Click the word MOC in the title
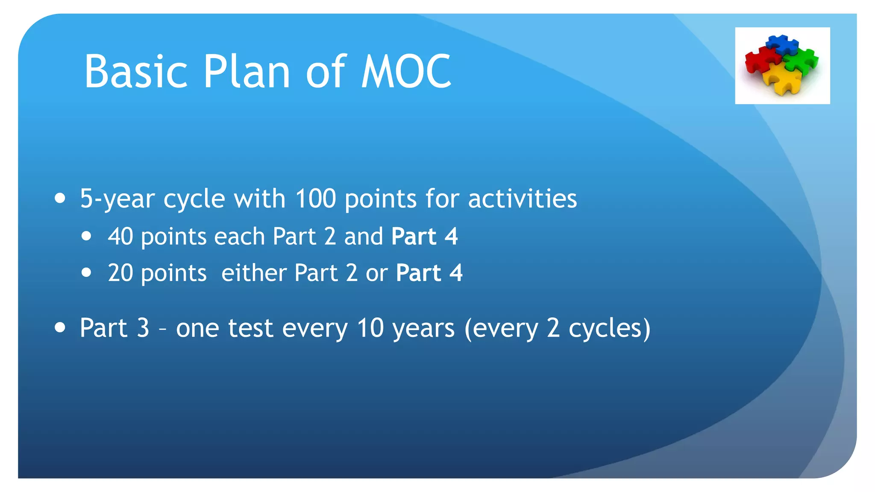tap(406, 72)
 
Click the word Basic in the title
tap(136, 72)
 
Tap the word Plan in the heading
tap(247, 72)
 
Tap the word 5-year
tap(117, 199)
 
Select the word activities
tap(522, 199)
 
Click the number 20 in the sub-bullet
tap(120, 273)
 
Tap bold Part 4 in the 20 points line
tap(429, 273)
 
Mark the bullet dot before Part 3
tap(60, 328)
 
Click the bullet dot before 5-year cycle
tap(60, 198)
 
